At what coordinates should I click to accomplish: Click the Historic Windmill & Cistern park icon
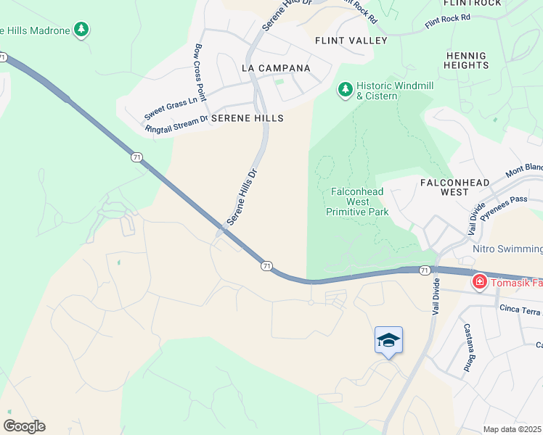[x=346, y=89]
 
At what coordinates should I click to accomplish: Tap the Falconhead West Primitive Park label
[x=359, y=202]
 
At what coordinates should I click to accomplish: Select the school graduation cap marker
[x=388, y=340]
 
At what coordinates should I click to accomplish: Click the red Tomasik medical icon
[x=479, y=281]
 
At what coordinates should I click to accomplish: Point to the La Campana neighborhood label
[x=276, y=68]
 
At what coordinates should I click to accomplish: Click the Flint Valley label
[x=351, y=41]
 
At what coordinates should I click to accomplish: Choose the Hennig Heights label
[x=466, y=59]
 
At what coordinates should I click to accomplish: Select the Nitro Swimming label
[x=507, y=249]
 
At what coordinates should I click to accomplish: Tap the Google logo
[x=24, y=426]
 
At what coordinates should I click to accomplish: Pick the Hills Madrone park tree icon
[x=83, y=30]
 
